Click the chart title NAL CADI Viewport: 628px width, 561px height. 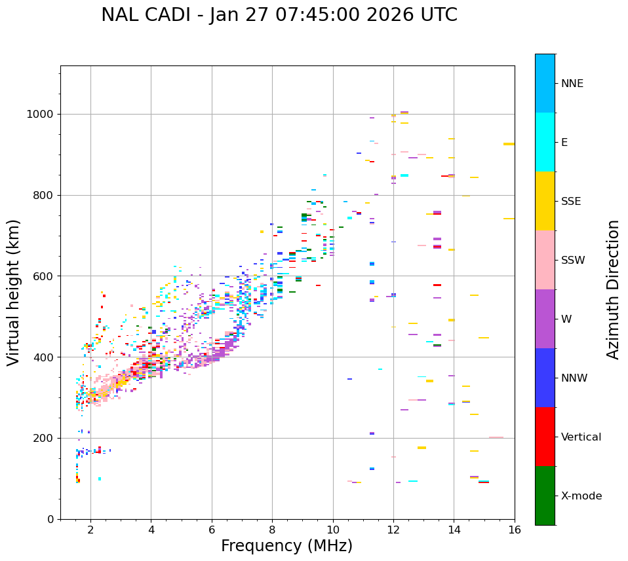click(279, 15)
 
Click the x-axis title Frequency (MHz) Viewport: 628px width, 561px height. click(286, 546)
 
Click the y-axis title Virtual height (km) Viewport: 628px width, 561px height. click(14, 293)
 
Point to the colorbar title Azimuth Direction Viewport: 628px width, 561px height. click(613, 289)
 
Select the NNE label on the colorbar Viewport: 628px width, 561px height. click(572, 84)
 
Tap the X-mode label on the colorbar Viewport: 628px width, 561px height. click(581, 496)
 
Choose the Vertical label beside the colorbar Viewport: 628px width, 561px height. click(581, 437)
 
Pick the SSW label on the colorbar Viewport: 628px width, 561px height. click(573, 261)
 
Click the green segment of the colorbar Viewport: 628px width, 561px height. click(545, 496)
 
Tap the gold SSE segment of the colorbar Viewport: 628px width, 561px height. click(545, 201)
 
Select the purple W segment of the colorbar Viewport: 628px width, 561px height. click(545, 319)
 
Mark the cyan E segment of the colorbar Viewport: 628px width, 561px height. click(545, 142)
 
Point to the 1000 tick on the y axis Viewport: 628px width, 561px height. click(43, 115)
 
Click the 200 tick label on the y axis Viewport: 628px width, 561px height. click(45, 439)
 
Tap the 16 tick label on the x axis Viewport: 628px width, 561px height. click(514, 530)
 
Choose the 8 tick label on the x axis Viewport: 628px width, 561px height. click(272, 530)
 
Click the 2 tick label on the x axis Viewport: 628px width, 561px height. click(90, 530)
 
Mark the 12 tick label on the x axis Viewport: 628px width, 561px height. click(393, 530)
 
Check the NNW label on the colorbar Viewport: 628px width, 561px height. click(574, 378)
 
